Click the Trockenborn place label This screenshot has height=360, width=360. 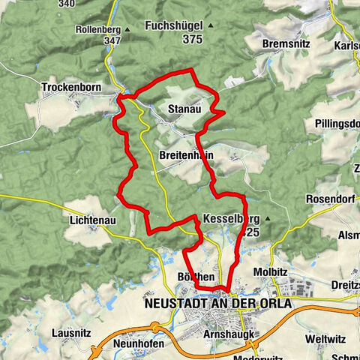(x=71, y=86)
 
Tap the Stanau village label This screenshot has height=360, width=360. (x=184, y=109)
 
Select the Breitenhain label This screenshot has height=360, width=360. (x=187, y=155)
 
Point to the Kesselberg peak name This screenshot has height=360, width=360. (x=230, y=219)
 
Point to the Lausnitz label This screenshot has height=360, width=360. (x=73, y=331)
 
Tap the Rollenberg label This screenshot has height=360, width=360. (x=97, y=30)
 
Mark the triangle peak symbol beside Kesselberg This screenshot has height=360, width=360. (x=266, y=219)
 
